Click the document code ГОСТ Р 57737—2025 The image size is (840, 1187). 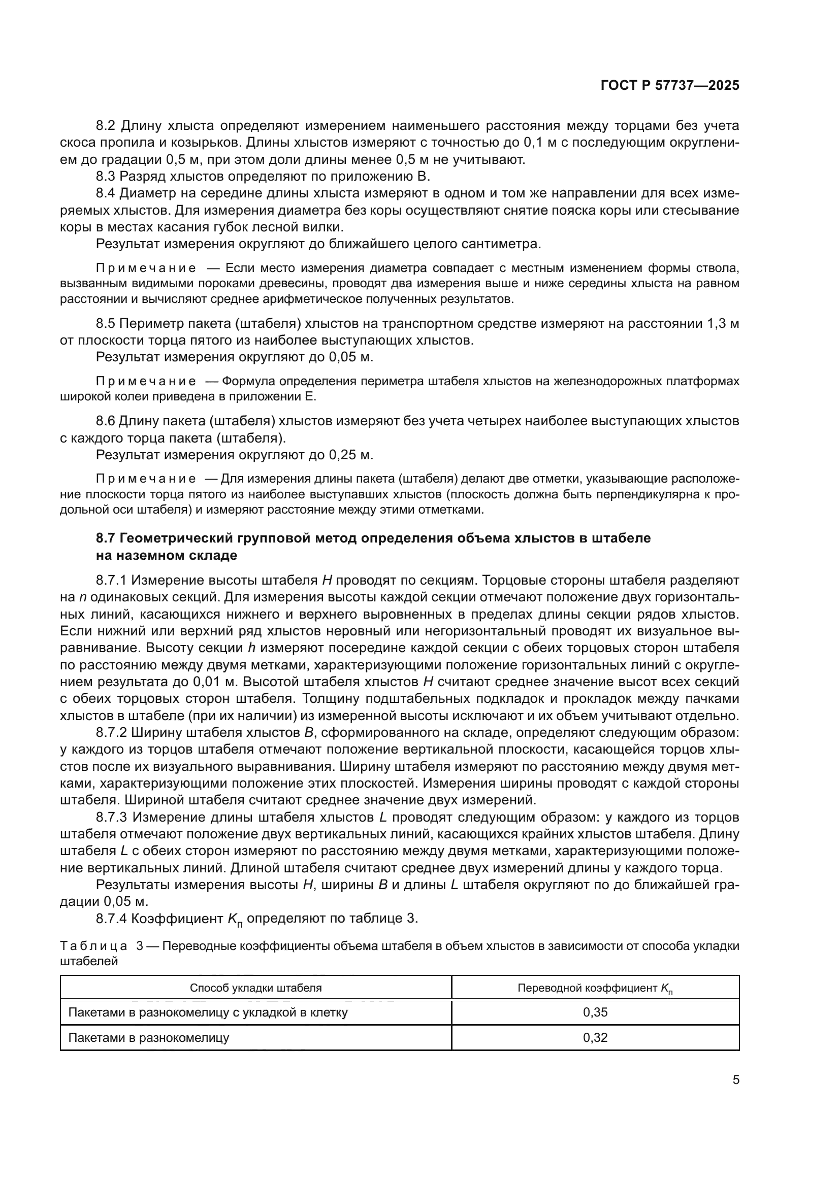click(669, 86)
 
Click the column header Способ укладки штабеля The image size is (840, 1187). click(255, 988)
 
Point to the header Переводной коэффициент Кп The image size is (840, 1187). click(595, 989)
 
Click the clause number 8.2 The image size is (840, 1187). click(107, 126)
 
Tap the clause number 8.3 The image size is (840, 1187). click(107, 176)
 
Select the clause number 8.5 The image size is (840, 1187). click(107, 324)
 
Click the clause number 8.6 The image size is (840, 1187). click(107, 421)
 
